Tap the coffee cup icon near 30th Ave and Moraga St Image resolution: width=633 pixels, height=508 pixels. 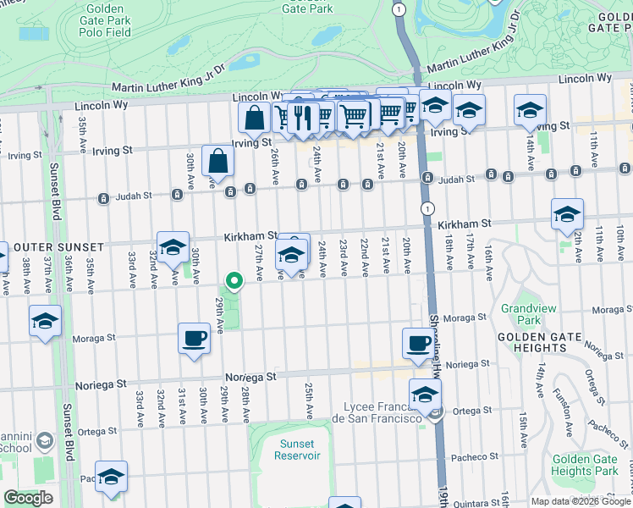coord(194,339)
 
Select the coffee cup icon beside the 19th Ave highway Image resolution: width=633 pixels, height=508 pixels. coord(418,343)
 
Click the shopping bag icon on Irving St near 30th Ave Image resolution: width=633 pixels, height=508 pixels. coord(217,160)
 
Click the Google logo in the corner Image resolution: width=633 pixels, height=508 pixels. coord(28,498)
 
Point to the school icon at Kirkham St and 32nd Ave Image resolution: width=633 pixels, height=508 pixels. coord(173,247)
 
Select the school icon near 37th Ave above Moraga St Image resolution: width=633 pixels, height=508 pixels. coord(46,321)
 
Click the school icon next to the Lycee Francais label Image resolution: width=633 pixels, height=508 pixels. coord(425,394)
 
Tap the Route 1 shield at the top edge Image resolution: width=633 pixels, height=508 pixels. coord(398,8)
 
